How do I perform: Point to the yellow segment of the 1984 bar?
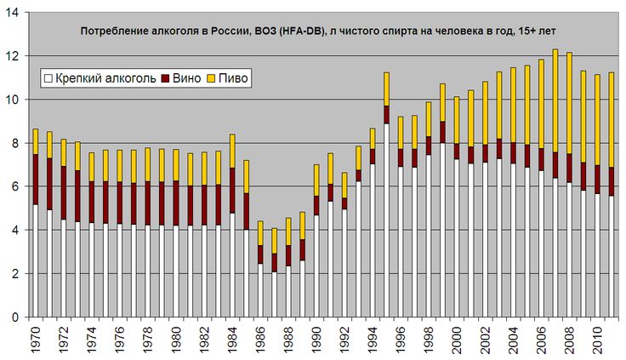[232, 151]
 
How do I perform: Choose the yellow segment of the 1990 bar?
[317, 180]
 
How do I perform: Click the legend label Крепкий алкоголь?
[106, 78]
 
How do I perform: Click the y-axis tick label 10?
[11, 100]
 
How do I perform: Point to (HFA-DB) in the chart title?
[300, 30]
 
